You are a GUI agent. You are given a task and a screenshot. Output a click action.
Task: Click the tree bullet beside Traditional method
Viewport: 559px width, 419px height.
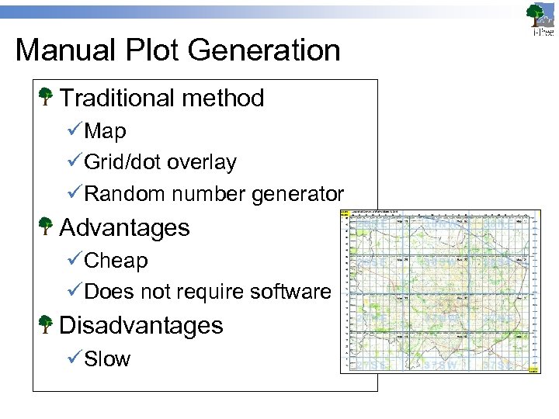click(46, 97)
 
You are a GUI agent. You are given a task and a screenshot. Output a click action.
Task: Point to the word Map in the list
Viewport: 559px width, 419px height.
click(105, 132)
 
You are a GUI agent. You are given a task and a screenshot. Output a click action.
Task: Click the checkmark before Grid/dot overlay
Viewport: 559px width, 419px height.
click(75, 162)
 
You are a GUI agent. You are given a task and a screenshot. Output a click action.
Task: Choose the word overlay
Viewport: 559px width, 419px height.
click(202, 162)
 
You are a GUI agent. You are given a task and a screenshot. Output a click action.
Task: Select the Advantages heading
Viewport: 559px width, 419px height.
click(124, 227)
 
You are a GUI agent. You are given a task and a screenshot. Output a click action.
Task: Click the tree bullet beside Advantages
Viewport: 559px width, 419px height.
click(46, 227)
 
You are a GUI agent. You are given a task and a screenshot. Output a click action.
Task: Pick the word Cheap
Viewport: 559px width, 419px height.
click(116, 261)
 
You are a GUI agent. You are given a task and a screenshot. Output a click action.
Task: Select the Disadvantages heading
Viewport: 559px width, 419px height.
click(141, 325)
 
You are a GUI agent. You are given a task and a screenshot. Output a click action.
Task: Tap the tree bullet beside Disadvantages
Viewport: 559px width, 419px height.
click(46, 324)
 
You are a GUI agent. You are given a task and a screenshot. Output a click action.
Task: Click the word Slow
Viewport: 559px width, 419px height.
click(107, 359)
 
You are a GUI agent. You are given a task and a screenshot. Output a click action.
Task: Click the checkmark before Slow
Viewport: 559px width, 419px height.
click(75, 359)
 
